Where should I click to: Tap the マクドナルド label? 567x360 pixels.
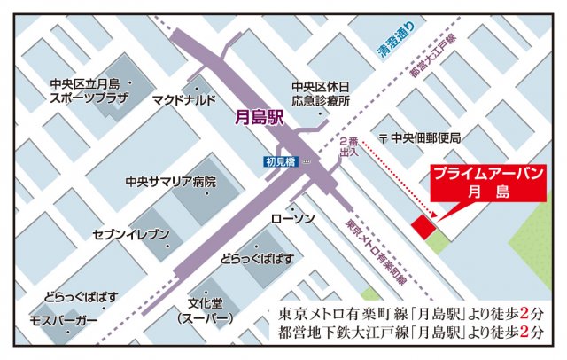(x=184, y=99)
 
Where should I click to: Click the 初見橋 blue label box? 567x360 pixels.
(x=278, y=161)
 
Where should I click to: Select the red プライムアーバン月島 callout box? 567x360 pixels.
(x=488, y=184)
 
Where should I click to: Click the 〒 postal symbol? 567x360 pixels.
(x=383, y=138)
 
